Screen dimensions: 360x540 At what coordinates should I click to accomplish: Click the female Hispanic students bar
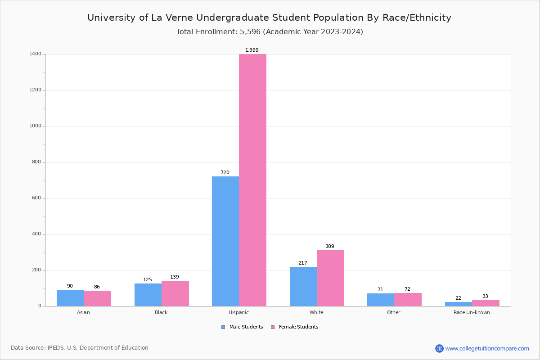252,180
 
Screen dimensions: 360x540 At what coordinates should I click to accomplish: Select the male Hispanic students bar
225,241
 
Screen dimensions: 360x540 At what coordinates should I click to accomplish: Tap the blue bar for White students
303,287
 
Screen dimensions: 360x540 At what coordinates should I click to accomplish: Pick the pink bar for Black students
175,293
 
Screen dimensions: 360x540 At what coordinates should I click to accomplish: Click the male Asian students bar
70,298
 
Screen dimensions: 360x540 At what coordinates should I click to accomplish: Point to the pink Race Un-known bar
486,303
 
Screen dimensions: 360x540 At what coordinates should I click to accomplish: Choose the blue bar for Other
381,300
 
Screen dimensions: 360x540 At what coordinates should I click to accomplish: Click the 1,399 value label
252,50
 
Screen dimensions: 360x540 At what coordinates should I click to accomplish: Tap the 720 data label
225,173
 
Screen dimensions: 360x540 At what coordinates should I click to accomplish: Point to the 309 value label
330,247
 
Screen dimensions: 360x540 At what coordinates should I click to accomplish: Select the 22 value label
458,298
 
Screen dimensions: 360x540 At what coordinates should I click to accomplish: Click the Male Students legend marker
223,327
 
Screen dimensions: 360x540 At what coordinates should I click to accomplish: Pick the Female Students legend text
298,327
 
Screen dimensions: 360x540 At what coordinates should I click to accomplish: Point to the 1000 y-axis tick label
36,126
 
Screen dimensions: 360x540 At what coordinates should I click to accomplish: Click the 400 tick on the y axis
37,234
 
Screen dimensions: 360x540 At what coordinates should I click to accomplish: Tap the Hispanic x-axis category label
238,312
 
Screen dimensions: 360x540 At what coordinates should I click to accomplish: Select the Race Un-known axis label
472,312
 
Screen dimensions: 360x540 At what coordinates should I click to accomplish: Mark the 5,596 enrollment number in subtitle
248,32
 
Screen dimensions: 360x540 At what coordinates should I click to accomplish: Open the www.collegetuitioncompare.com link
487,348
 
